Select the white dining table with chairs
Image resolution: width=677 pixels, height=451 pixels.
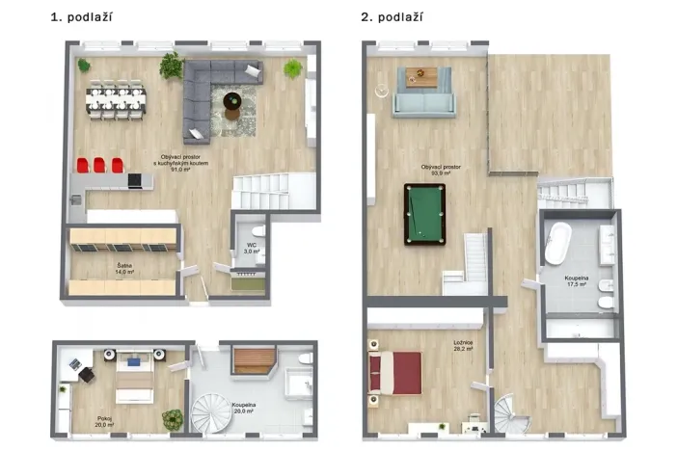[x=116, y=98]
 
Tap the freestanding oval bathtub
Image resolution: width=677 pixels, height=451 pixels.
[x=557, y=245]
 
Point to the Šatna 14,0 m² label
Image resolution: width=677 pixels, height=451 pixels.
[x=124, y=270]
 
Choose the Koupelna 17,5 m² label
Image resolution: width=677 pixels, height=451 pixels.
[x=577, y=281]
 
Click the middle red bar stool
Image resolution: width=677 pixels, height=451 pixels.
[x=99, y=165]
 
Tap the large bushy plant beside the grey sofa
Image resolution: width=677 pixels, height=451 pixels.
[x=172, y=66]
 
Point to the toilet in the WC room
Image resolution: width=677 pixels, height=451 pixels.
[x=257, y=234]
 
